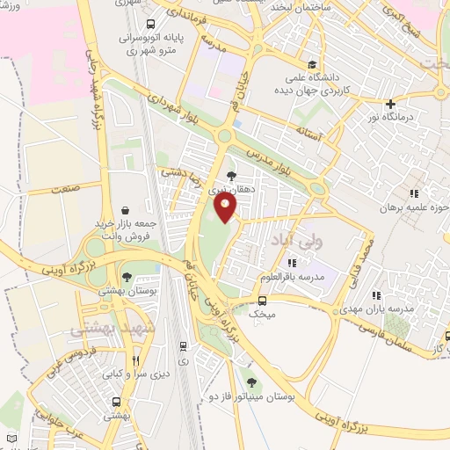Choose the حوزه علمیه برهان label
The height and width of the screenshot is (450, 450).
[x=413, y=208]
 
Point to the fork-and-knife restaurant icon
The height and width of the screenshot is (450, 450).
[x=134, y=360]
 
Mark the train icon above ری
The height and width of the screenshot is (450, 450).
[x=182, y=346]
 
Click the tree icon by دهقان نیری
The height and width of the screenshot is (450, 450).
[x=232, y=175]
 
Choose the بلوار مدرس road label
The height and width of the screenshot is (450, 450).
[x=279, y=155]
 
